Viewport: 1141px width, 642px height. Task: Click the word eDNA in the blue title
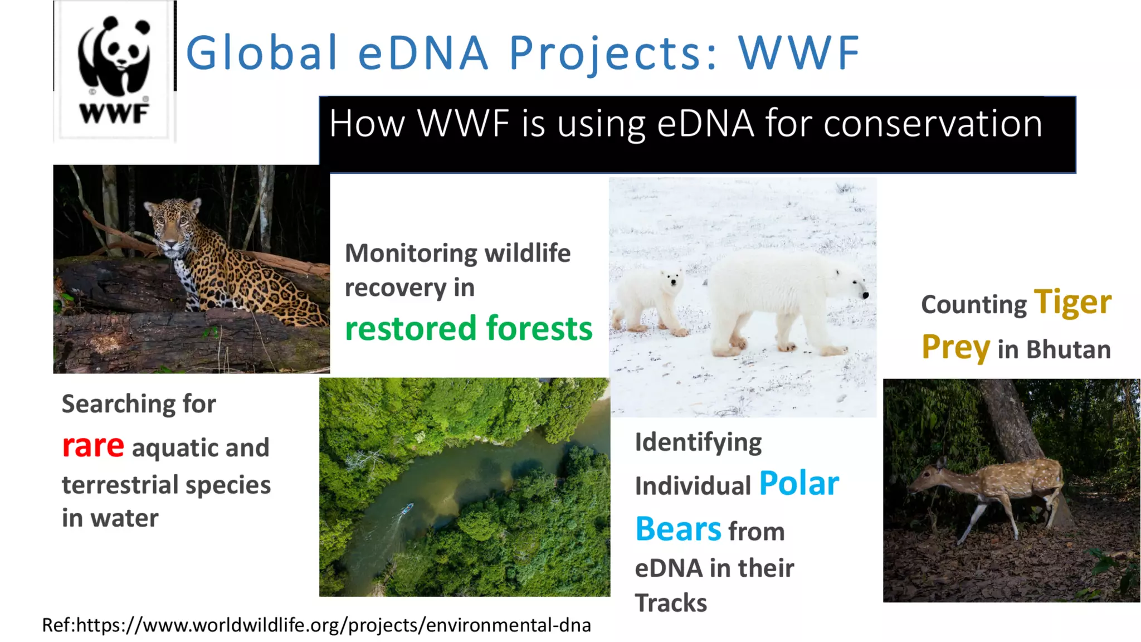point(423,53)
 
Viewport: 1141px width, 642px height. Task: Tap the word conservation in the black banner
point(933,124)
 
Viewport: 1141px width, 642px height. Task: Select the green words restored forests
point(468,328)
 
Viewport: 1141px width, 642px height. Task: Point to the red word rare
point(92,446)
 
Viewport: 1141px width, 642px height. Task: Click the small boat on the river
point(408,508)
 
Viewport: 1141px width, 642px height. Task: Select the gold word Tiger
point(1072,302)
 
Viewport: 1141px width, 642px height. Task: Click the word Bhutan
point(1068,350)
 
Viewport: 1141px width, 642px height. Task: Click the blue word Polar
point(798,483)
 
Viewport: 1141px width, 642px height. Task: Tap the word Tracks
point(671,603)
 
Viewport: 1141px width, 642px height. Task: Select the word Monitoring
point(411,254)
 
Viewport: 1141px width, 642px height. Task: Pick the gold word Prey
point(955,348)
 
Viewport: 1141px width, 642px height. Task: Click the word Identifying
point(698,442)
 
